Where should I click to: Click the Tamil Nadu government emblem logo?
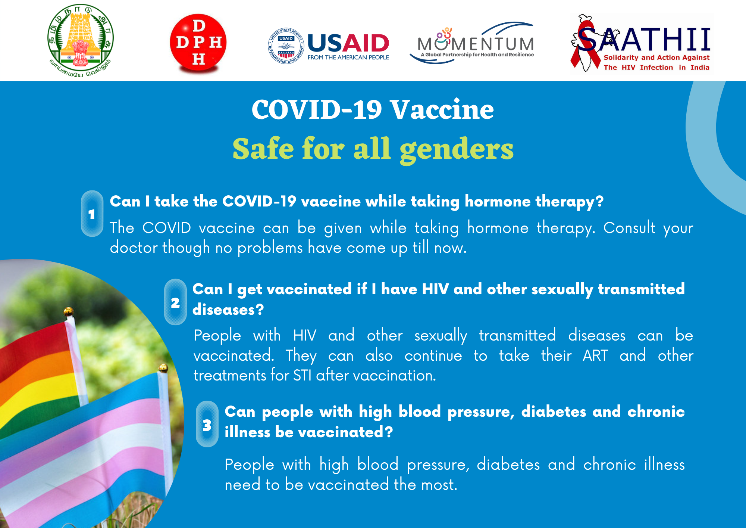click(81, 41)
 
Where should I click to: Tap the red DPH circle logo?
click(198, 42)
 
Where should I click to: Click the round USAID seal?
click(286, 46)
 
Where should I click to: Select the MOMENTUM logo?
click(472, 43)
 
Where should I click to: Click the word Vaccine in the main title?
click(442, 110)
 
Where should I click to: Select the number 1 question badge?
click(92, 214)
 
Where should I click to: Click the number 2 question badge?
click(175, 302)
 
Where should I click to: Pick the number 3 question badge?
click(207, 424)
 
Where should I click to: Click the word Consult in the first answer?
click(629, 228)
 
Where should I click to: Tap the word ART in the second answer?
click(595, 355)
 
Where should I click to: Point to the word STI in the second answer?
click(302, 375)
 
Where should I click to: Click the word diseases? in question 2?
click(228, 310)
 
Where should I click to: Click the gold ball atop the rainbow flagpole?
click(68, 311)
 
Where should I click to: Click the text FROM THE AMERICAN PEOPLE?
click(348, 58)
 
